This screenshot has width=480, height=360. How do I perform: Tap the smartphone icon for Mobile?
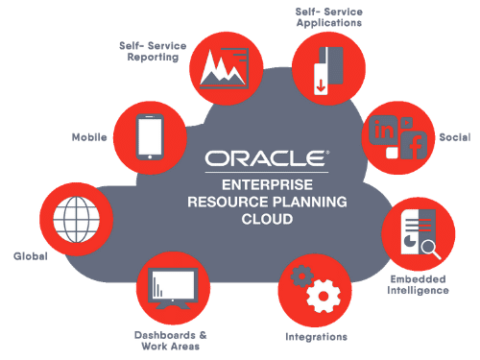[147, 136]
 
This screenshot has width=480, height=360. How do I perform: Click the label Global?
[30, 256]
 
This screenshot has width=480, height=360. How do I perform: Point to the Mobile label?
[89, 137]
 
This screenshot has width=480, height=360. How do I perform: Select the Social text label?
[449, 136]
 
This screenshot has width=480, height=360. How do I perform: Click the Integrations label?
[316, 337]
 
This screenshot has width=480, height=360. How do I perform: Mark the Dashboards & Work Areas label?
[167, 340]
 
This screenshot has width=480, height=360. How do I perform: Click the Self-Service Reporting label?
[150, 51]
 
